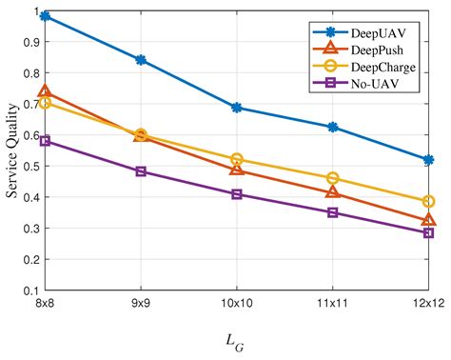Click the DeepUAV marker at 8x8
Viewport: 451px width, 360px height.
click(x=45, y=16)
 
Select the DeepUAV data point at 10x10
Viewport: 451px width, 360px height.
click(x=236, y=108)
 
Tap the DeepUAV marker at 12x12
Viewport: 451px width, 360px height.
click(x=428, y=160)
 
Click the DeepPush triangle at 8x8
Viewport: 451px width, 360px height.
click(x=45, y=91)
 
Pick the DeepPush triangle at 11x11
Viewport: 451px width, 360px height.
click(x=332, y=192)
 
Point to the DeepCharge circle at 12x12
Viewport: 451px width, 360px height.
click(x=428, y=202)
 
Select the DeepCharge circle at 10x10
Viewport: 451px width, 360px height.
click(x=236, y=159)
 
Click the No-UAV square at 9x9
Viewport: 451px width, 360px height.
click(x=141, y=171)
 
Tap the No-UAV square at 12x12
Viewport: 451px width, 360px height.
click(x=428, y=232)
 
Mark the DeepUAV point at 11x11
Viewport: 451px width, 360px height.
click(x=332, y=127)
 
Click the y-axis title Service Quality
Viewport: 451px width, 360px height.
click(x=11, y=152)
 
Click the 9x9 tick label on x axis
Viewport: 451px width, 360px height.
click(x=141, y=303)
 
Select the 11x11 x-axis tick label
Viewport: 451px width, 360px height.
click(x=332, y=303)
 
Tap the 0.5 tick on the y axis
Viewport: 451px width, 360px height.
click(x=31, y=166)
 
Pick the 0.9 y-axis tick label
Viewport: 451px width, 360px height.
click(x=31, y=43)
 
